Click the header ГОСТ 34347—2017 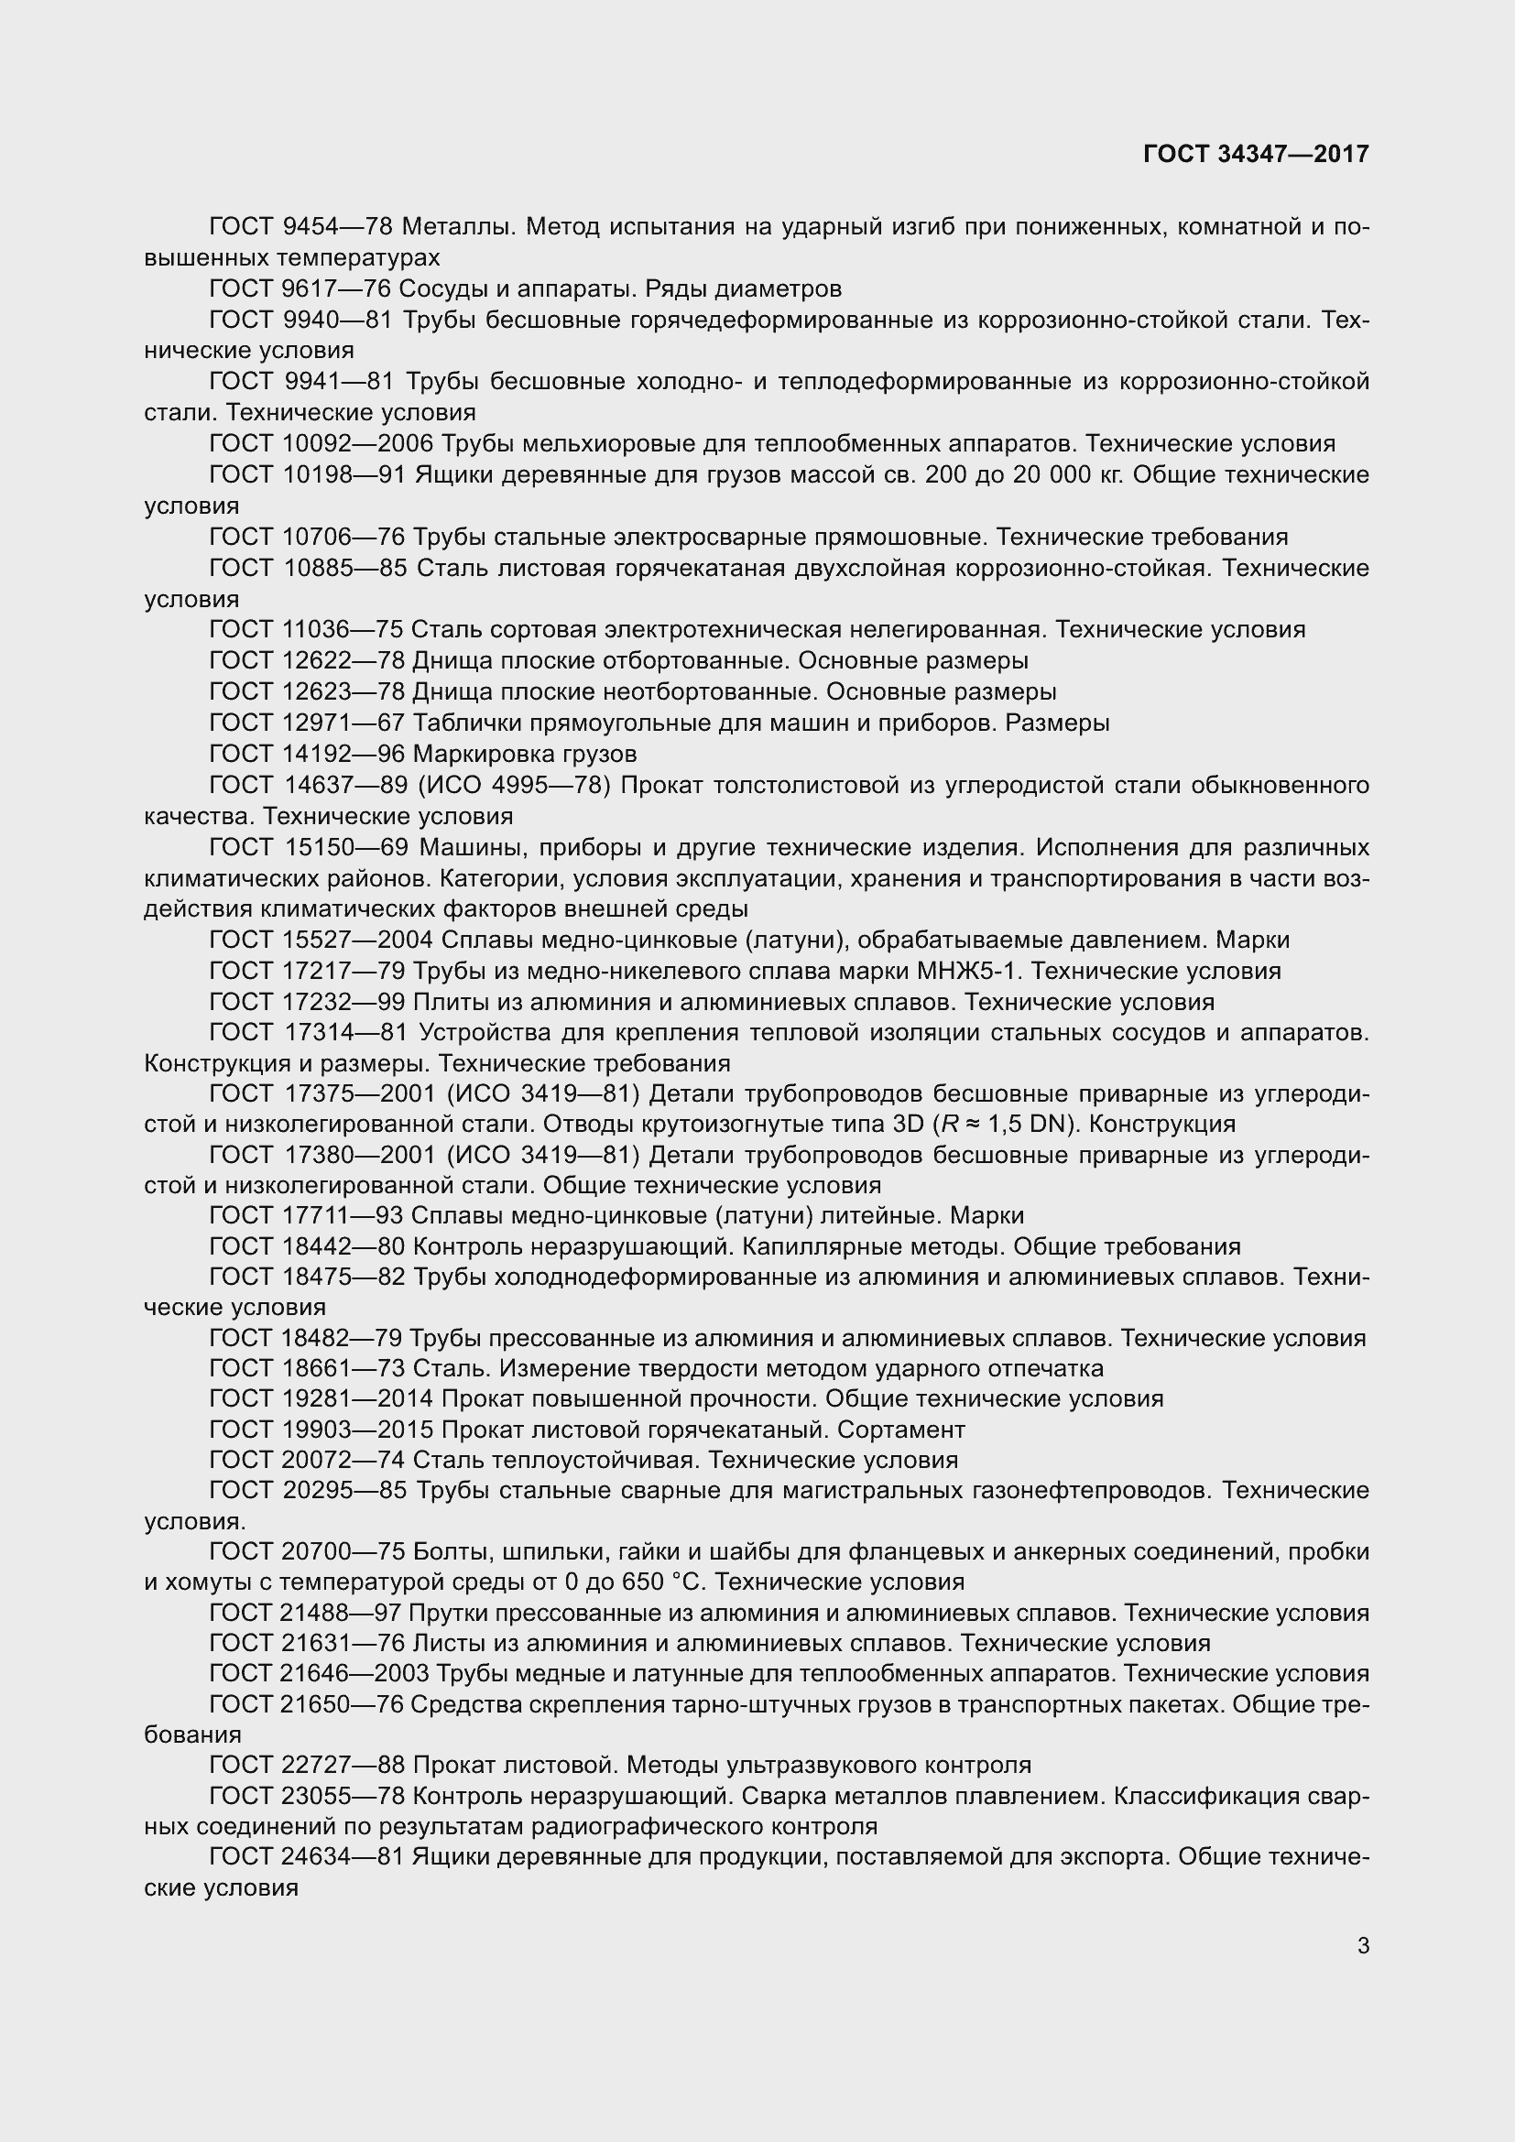(x=1256, y=154)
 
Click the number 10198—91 (x=343, y=475)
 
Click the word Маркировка (x=478, y=754)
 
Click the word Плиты (x=444, y=1002)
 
